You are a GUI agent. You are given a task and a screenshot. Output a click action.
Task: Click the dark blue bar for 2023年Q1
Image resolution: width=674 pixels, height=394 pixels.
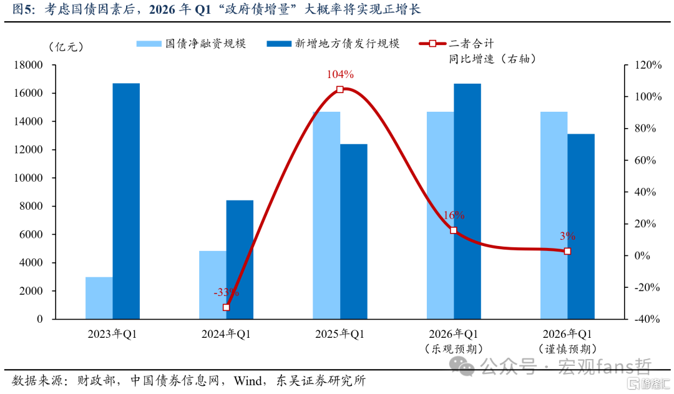coord(126,201)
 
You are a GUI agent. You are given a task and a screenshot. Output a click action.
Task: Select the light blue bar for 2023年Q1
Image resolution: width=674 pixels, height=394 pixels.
coord(99,298)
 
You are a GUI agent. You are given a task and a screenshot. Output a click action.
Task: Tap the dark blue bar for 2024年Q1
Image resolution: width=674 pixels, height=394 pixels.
coord(240,259)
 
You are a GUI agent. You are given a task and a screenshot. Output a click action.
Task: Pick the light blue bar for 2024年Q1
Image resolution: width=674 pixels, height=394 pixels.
coord(213,285)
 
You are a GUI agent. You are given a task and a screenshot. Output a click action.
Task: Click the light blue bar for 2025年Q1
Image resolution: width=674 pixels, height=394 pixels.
coord(326,215)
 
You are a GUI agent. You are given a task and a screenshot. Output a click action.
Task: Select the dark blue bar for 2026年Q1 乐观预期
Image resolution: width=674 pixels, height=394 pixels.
coord(467,201)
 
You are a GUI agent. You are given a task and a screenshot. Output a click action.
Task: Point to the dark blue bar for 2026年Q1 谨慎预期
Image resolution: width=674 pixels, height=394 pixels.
coord(581,226)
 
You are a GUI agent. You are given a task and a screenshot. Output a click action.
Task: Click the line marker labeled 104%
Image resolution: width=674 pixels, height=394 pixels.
coord(340,89)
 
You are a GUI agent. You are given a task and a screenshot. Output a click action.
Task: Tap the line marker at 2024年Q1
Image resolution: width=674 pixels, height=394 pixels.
coord(227,308)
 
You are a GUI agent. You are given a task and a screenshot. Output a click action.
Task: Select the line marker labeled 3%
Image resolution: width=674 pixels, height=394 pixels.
coord(567,251)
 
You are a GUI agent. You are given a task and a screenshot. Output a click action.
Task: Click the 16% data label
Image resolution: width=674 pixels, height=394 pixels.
coord(454,215)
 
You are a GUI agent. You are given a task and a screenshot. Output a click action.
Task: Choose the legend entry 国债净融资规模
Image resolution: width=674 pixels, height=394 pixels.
coord(192,44)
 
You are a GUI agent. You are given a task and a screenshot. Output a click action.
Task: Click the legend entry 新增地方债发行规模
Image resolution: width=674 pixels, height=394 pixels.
coord(333,44)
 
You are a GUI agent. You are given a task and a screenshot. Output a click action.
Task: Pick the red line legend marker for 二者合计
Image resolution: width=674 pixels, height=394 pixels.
coord(432,44)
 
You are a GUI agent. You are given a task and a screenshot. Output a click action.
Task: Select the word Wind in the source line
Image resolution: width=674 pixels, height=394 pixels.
coord(248,381)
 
